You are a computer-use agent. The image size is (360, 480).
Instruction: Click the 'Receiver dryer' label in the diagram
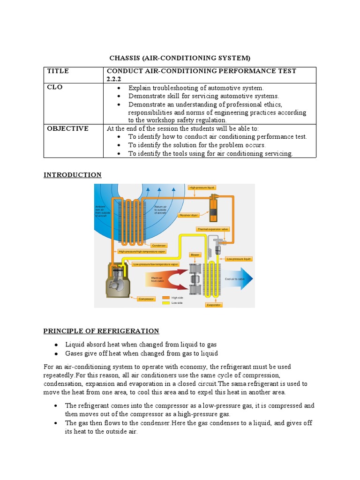click(x=189, y=215)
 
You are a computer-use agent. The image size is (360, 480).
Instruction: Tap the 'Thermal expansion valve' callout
click(x=213, y=229)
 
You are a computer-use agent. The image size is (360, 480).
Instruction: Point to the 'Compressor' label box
click(x=146, y=298)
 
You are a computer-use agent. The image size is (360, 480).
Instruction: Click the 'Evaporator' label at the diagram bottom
click(x=213, y=305)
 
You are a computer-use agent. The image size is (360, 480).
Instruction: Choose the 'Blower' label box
click(x=195, y=255)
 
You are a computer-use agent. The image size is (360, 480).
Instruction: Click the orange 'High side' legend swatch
click(x=166, y=298)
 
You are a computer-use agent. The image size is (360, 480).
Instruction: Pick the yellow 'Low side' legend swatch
click(x=166, y=303)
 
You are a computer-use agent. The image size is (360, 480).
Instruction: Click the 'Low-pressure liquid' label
click(x=239, y=258)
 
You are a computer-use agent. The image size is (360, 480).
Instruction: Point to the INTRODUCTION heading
click(x=72, y=175)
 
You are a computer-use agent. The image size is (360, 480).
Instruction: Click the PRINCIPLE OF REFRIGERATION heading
click(x=101, y=331)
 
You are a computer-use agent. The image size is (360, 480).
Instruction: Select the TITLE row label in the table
click(x=58, y=71)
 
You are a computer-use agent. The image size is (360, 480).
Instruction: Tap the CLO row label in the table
click(x=54, y=87)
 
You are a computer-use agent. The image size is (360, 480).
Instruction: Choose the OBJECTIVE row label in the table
click(x=67, y=128)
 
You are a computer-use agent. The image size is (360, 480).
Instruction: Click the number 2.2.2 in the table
click(x=115, y=79)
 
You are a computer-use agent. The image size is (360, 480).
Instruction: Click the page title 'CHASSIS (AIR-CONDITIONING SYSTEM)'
click(x=180, y=58)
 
